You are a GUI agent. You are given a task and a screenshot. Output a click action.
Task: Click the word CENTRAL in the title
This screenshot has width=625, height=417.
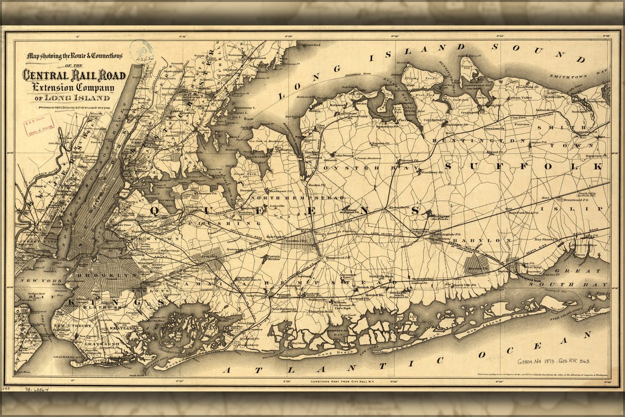click(x=45, y=75)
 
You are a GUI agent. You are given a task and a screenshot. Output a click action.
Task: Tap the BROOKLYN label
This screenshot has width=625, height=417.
click(x=107, y=276)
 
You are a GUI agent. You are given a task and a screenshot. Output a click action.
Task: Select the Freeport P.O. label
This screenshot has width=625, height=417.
click(x=351, y=299)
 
